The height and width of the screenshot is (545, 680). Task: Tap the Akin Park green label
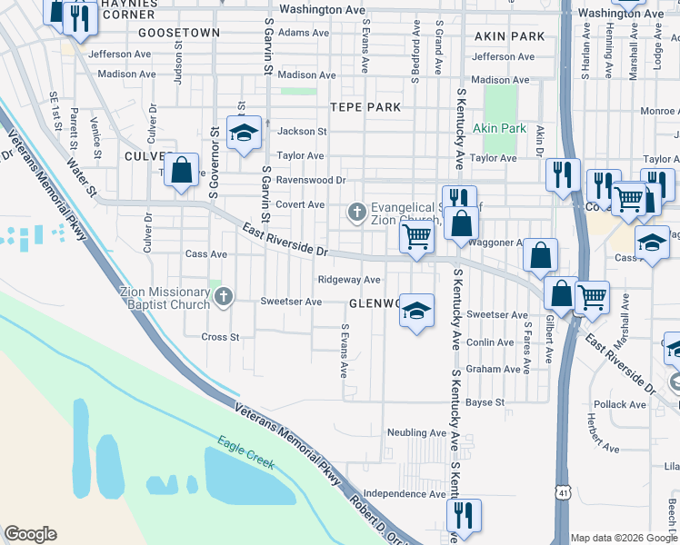[499, 129]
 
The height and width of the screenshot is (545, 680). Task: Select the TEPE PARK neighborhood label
[365, 107]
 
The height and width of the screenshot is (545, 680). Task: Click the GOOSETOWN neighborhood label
[179, 33]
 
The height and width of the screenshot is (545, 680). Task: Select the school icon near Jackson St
[244, 134]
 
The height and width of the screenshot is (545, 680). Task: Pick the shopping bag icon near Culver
[182, 169]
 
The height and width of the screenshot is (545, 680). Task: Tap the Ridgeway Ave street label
[348, 280]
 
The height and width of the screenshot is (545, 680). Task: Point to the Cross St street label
[220, 337]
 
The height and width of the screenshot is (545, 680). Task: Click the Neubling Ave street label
[415, 432]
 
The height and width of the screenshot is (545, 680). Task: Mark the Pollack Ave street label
[620, 404]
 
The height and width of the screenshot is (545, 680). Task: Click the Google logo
[30, 534]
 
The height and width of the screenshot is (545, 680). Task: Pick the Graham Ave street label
[493, 370]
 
